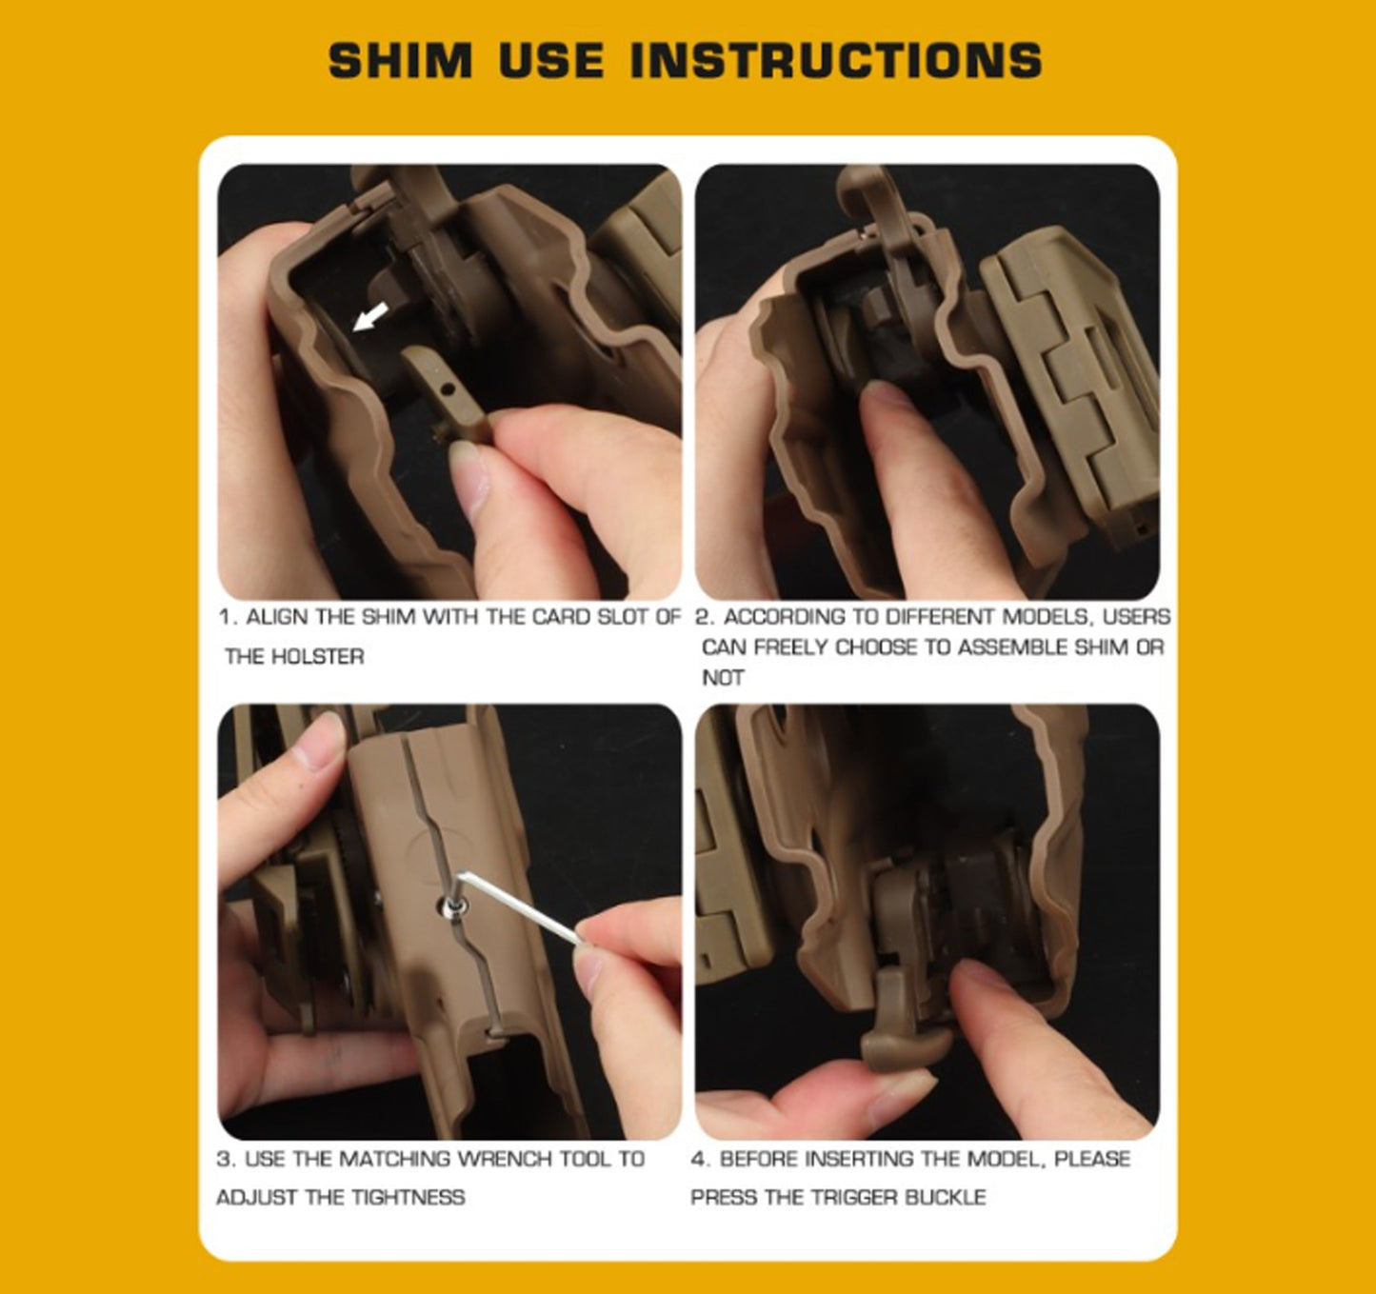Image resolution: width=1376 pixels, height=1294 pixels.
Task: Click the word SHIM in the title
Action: [400, 61]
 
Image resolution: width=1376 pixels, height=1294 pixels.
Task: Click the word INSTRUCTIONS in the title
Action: [836, 61]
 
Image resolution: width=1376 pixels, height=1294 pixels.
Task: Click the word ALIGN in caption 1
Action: [278, 617]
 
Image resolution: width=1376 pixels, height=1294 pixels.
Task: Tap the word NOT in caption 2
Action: [723, 678]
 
